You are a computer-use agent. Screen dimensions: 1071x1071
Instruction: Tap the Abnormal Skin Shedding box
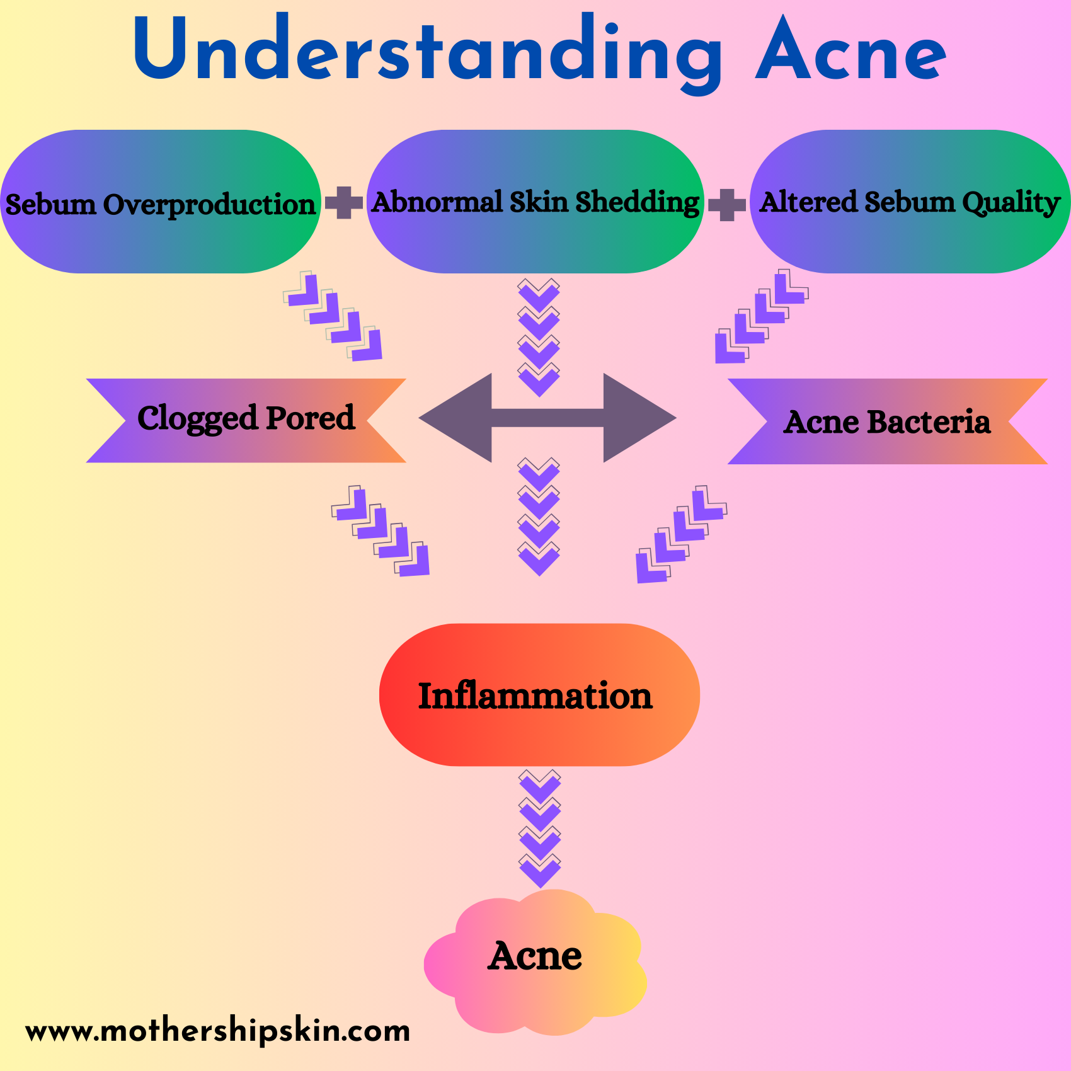(535, 202)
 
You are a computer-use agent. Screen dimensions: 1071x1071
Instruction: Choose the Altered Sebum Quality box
(910, 202)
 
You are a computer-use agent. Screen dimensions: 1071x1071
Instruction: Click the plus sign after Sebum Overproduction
(343, 203)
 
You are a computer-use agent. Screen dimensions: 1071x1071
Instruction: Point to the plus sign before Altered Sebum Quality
(727, 205)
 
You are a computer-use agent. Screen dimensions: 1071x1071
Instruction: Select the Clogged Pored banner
(246, 420)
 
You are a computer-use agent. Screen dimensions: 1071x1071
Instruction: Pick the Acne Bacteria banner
(887, 421)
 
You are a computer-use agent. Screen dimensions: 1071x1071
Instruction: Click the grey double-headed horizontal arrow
(547, 418)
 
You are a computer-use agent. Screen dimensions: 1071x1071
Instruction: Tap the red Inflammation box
(539, 695)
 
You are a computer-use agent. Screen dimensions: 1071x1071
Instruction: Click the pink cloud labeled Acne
(535, 958)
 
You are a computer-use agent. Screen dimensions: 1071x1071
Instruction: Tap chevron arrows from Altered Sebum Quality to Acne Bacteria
(760, 317)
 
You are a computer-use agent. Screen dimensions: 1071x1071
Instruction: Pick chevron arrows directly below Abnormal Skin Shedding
(539, 337)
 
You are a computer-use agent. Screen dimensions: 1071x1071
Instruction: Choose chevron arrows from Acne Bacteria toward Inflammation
(680, 534)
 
